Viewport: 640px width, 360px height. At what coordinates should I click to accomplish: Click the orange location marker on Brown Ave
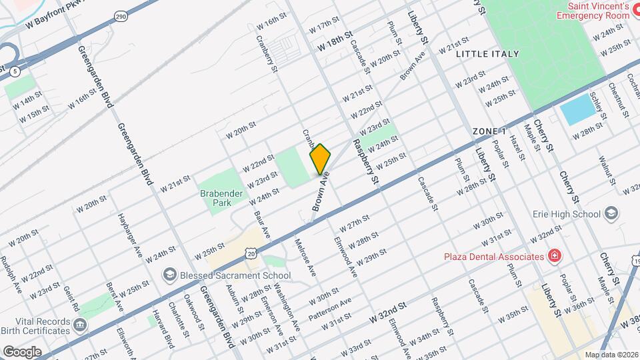point(320,159)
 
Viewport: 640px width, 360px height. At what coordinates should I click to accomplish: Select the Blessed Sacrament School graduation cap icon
point(170,275)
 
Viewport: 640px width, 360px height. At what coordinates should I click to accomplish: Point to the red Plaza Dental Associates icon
point(553,256)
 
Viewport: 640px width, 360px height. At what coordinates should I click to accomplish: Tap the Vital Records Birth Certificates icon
point(81,325)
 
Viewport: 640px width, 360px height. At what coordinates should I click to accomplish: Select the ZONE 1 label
point(490,131)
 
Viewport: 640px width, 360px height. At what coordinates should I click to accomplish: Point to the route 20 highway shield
point(250,253)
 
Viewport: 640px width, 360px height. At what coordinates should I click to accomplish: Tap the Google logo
point(21,351)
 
